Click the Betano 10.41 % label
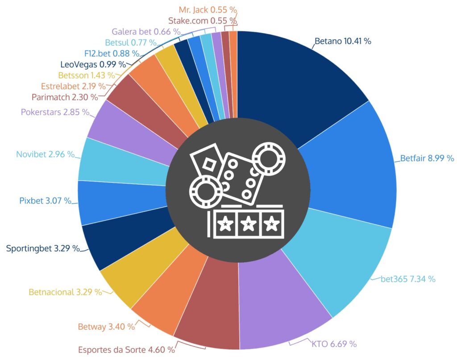point(343,41)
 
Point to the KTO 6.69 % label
point(331,343)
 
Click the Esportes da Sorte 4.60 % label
point(127,349)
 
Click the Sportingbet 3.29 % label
point(43,248)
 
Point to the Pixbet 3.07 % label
point(45,201)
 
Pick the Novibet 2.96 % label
point(45,154)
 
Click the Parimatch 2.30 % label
point(65,96)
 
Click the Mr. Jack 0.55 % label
point(208,9)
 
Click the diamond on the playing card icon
point(208,165)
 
